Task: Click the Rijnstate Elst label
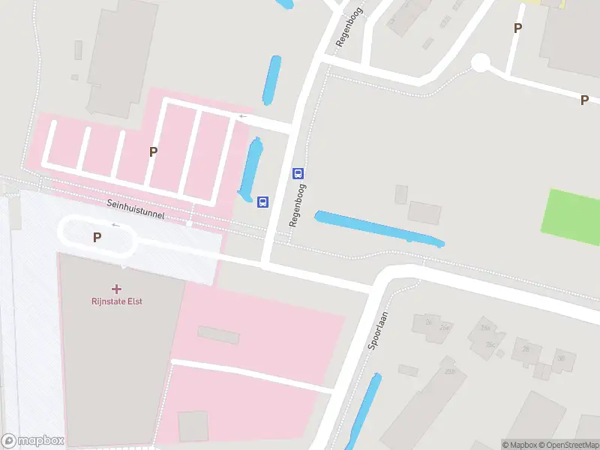point(116,301)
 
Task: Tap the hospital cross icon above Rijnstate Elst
point(116,288)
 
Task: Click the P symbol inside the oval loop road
point(97,237)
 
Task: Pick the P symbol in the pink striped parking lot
point(153,151)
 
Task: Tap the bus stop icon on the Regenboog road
point(298,173)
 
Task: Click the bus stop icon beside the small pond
point(263,202)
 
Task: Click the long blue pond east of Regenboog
point(379,229)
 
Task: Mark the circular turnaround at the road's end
point(480,63)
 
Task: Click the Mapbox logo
point(33,440)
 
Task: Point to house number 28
point(526,349)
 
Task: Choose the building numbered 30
point(561,358)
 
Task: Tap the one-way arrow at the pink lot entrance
point(242,116)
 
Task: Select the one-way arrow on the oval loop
point(115,224)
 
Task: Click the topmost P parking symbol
point(517,28)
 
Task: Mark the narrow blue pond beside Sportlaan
point(363,412)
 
